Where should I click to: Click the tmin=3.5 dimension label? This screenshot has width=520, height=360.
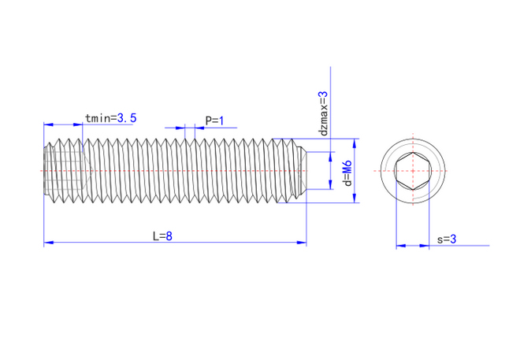(111, 118)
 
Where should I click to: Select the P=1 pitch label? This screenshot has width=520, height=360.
(214, 121)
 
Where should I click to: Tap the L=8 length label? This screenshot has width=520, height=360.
(162, 236)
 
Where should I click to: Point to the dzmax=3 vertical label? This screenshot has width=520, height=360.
(323, 113)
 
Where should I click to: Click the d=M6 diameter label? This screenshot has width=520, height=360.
(347, 173)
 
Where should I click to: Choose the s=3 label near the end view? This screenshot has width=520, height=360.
(447, 239)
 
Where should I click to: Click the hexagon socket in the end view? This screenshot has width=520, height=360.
(413, 171)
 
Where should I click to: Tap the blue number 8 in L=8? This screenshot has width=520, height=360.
(169, 236)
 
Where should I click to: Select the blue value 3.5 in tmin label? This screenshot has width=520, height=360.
(127, 118)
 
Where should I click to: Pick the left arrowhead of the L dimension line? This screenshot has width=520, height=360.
(48, 243)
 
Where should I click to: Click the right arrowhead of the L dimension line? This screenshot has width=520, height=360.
(302, 243)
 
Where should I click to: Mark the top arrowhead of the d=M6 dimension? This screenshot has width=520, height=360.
(355, 143)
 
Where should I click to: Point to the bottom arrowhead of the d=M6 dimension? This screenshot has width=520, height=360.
(355, 198)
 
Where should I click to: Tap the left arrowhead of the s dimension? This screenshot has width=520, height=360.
(401, 246)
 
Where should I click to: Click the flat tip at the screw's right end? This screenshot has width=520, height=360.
(306, 171)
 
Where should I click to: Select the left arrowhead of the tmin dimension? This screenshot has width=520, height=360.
(48, 124)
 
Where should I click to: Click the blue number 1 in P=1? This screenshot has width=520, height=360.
(221, 121)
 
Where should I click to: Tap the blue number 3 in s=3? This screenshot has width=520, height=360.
(453, 239)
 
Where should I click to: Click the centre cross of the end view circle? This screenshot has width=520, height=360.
(413, 171)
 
